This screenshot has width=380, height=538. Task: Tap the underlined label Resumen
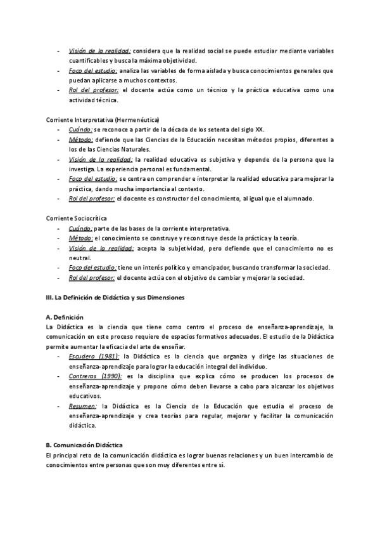[83, 406]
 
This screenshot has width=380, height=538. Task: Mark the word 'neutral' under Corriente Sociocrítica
[80, 258]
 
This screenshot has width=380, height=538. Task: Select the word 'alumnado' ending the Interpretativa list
[294, 199]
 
